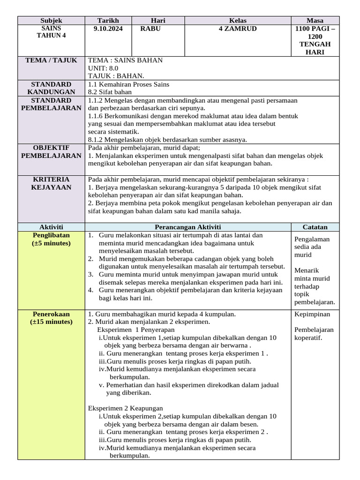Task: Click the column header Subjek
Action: coord(51,21)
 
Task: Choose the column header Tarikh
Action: coord(108,21)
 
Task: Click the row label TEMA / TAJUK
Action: coord(51,60)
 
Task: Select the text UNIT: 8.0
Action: coord(104,68)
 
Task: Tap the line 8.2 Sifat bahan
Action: coord(110,92)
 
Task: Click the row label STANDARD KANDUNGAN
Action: coord(51,88)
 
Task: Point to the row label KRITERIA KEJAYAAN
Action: coord(51,183)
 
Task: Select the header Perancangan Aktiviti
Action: coord(187,227)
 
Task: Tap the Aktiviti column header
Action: coord(51,227)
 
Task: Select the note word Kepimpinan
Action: coord(312,314)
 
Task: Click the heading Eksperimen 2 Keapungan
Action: coord(126,408)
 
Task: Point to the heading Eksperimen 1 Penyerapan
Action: coord(135,330)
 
